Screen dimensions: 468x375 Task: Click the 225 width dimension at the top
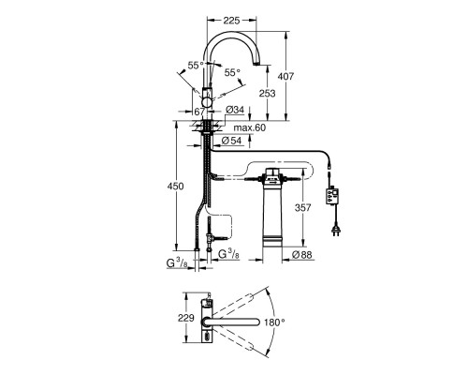point(231,21)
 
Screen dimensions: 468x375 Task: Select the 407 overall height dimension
point(285,76)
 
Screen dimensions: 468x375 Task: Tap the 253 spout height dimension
point(268,93)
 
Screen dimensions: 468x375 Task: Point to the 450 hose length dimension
point(176,187)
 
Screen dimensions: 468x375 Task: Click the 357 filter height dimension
point(302,207)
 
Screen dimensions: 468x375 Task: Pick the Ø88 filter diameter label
point(301,255)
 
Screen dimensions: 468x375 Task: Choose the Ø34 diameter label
point(235,110)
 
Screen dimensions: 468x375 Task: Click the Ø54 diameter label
point(231,141)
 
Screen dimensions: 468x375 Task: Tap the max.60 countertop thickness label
point(250,127)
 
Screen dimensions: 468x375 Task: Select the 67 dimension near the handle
point(199,112)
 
